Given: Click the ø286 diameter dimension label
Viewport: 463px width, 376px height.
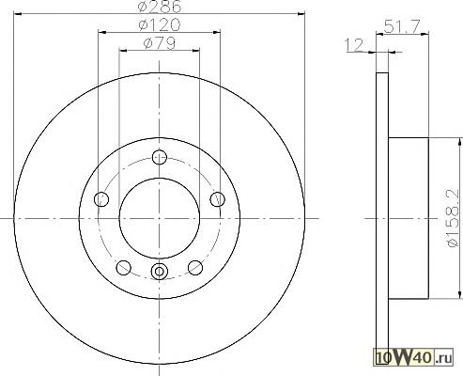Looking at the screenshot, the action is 160,7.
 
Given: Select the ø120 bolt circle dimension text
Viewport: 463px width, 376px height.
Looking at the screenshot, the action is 160,24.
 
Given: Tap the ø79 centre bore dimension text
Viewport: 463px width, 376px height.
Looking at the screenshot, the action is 160,43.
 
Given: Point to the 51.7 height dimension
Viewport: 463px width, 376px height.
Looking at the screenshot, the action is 402,26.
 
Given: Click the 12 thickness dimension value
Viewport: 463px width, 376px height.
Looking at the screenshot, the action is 354,45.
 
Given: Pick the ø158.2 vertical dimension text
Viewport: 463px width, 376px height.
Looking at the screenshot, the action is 454,219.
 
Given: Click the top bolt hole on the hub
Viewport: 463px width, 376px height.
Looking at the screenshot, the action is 160,157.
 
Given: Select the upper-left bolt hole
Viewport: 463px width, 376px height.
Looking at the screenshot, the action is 101,199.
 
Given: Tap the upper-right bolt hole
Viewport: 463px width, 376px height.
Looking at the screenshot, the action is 217,199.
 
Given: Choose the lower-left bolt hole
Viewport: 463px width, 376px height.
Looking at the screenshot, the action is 123,267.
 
